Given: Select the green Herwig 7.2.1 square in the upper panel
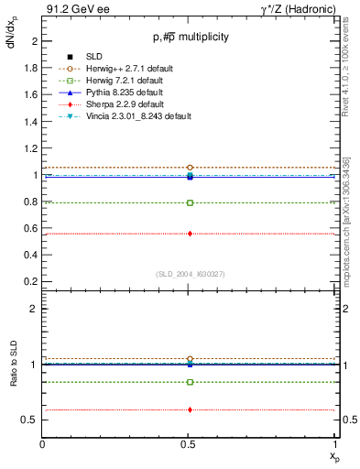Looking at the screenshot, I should coord(190,202).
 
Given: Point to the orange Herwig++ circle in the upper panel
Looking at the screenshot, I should coord(190,168).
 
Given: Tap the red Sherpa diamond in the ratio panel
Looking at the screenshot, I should coord(190,409).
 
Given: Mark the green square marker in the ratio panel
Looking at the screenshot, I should coord(190,382).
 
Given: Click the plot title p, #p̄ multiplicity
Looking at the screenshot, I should coord(190,37).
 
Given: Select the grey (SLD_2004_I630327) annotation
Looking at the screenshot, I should coord(190,274).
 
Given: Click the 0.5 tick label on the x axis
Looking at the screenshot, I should coord(190,444).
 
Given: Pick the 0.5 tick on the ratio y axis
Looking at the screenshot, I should coord(32,420).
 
